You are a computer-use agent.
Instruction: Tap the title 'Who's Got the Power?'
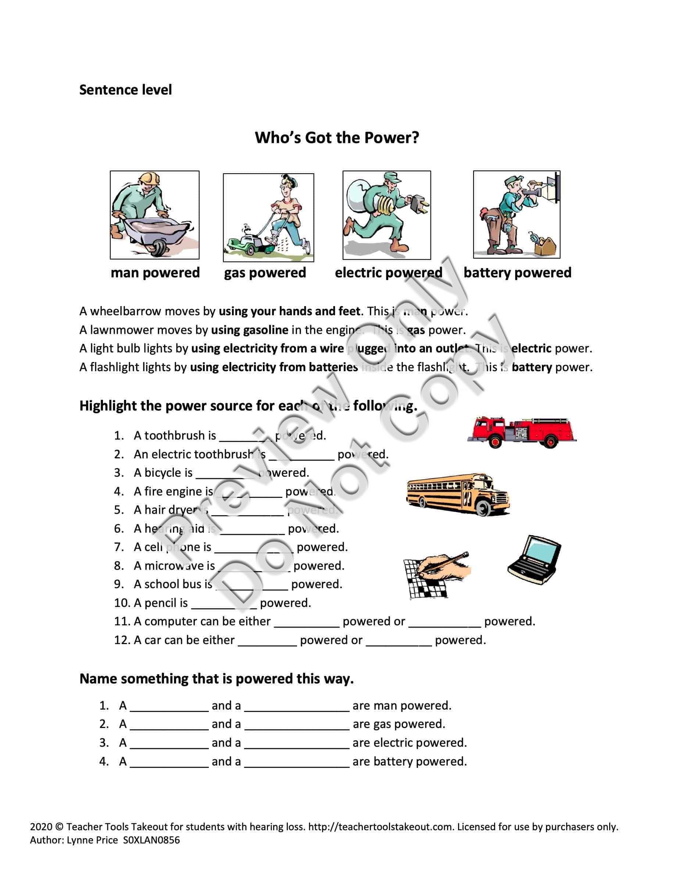pyautogui.click(x=337, y=138)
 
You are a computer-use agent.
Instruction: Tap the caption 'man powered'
pyautogui.click(x=155, y=273)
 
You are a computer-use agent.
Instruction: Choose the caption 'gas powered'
pyautogui.click(x=265, y=273)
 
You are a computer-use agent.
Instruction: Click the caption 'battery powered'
pyautogui.click(x=517, y=273)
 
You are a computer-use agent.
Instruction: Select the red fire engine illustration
pyautogui.click(x=521, y=432)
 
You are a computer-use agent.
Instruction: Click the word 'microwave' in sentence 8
pyautogui.click(x=174, y=566)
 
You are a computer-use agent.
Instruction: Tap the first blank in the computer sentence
pyautogui.click(x=306, y=622)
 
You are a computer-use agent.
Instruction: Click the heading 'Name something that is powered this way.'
pyautogui.click(x=216, y=679)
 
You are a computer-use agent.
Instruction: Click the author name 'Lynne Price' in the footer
pyautogui.click(x=92, y=840)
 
